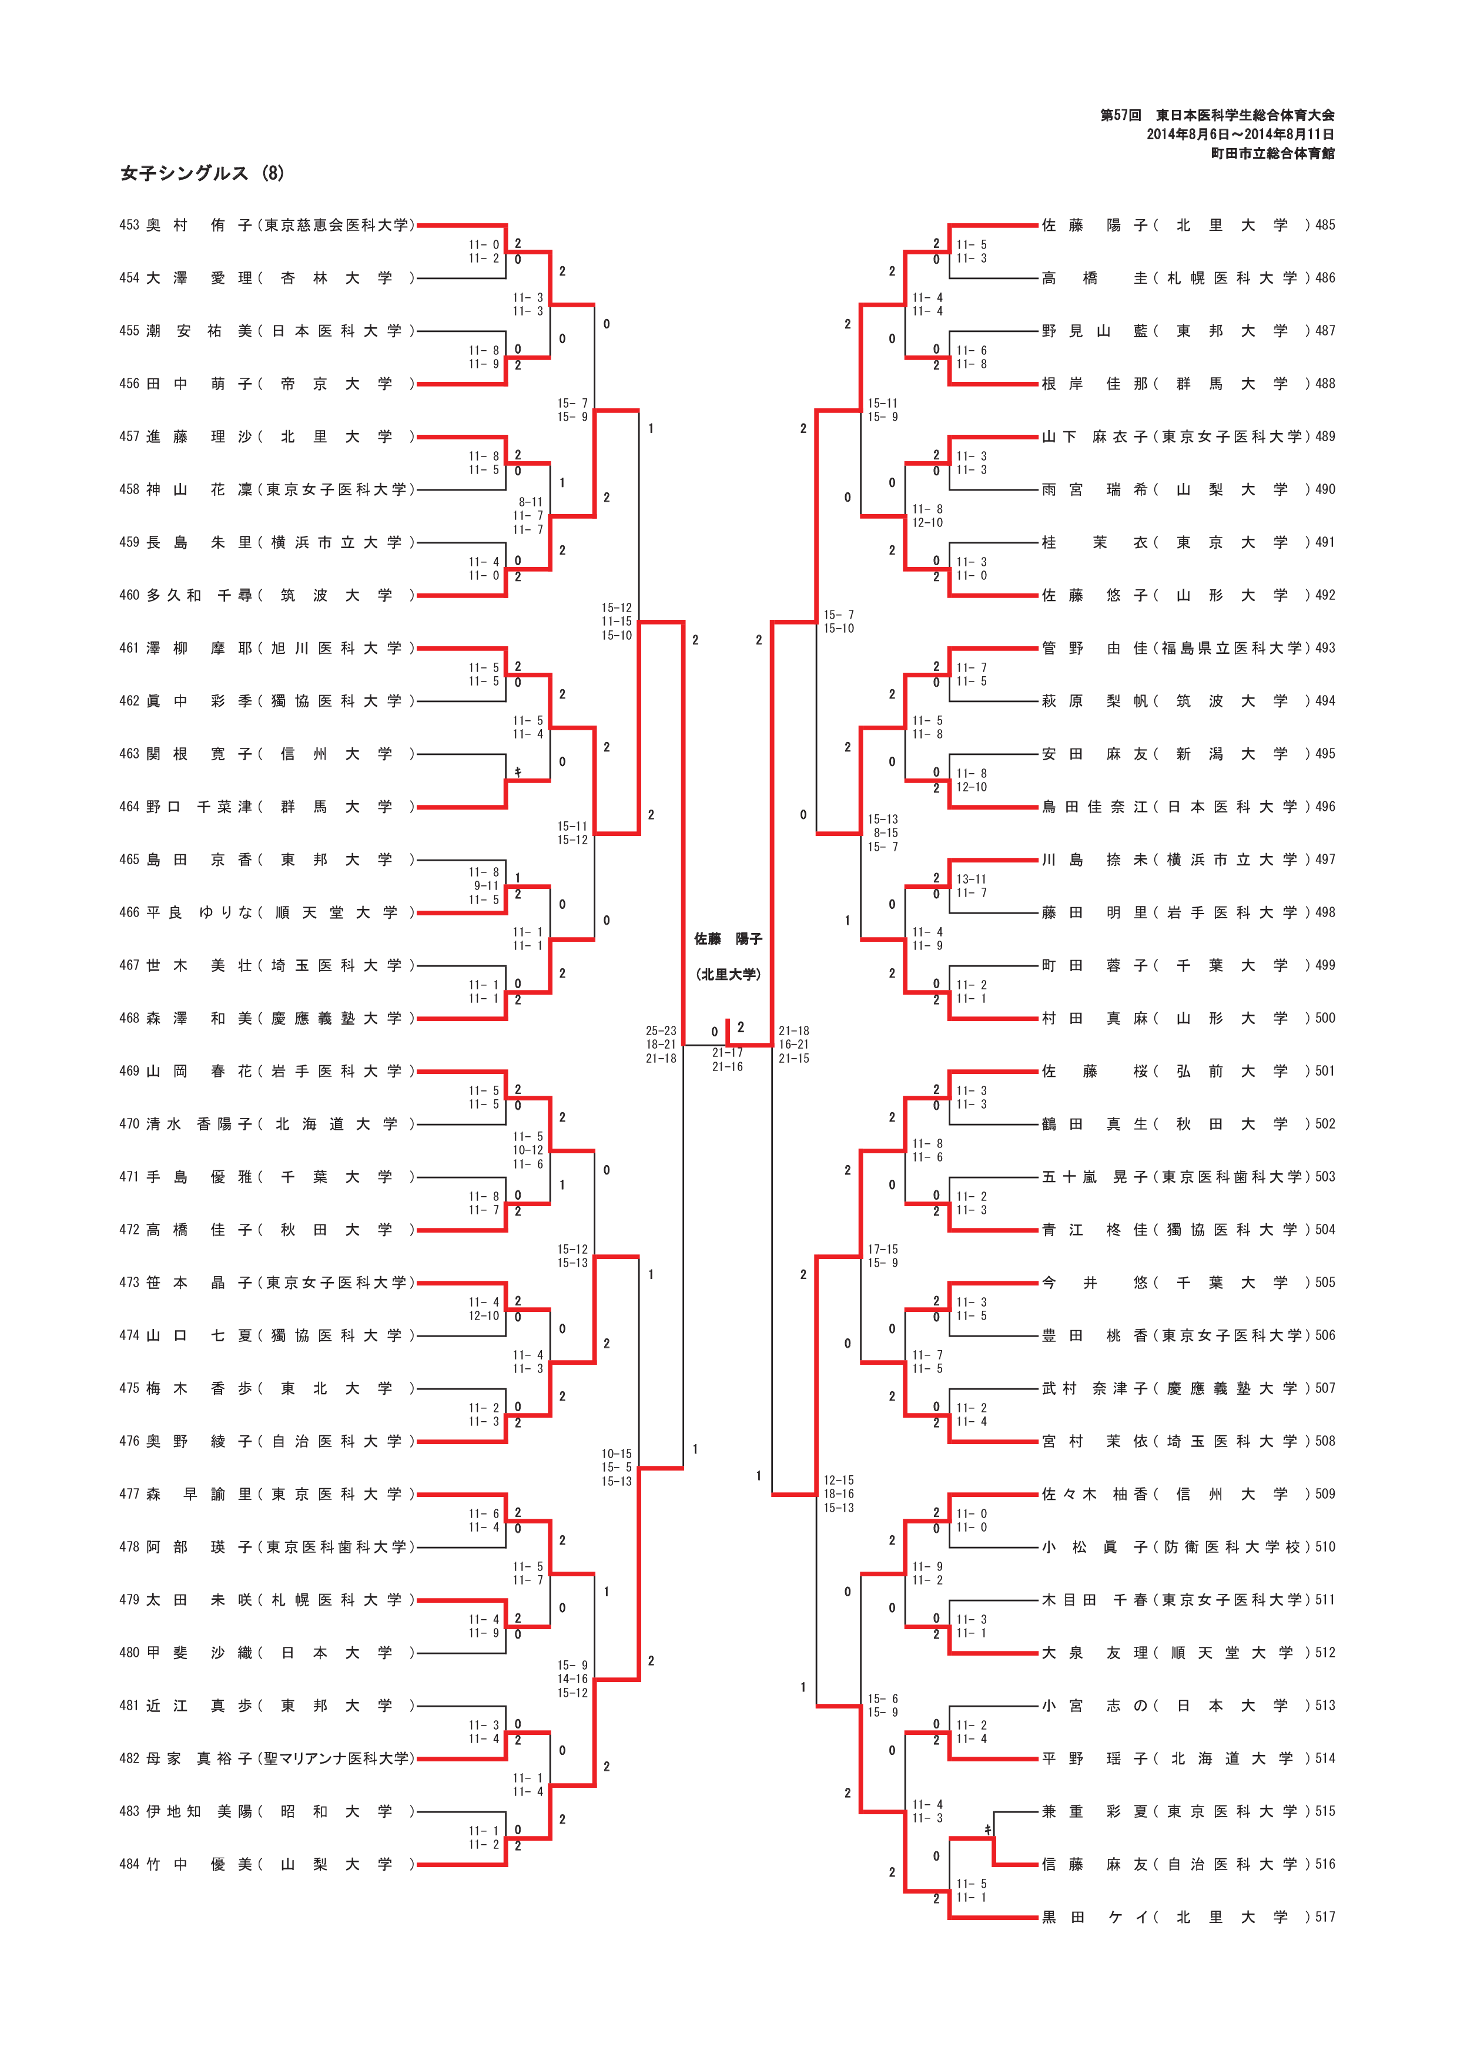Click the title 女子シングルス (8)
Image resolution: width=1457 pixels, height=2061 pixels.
(202, 173)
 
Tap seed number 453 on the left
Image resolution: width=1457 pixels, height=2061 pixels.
(129, 225)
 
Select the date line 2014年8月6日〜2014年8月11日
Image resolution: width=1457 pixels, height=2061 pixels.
(1240, 135)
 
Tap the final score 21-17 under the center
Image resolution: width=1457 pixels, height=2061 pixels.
(727, 1053)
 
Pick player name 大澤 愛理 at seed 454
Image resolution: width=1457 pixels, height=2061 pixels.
(199, 278)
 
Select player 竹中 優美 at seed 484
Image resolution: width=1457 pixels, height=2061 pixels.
(199, 1864)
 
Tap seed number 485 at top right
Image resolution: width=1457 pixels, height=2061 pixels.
(1325, 225)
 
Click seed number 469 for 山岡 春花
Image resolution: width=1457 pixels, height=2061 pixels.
(129, 1071)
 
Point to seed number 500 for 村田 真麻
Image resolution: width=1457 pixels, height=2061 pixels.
(1325, 1018)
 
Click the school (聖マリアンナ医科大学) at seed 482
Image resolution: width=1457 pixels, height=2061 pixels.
(337, 1758)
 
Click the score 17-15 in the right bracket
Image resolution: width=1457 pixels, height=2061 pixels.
(882, 1248)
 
